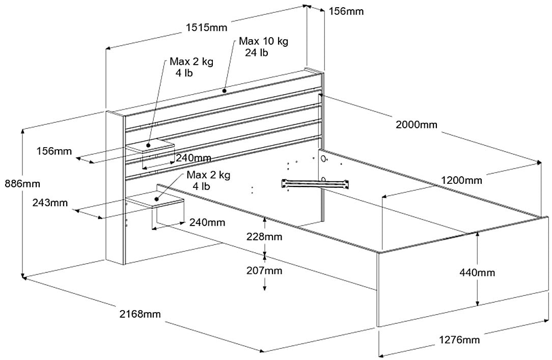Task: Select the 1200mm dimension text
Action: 461,180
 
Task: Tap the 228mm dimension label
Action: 264,236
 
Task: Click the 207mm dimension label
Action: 264,270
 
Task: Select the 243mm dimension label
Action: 50,203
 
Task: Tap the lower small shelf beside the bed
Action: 155,200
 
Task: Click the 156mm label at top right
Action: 346,11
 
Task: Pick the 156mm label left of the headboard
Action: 53,151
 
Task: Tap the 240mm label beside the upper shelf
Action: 194,158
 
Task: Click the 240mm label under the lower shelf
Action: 207,222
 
